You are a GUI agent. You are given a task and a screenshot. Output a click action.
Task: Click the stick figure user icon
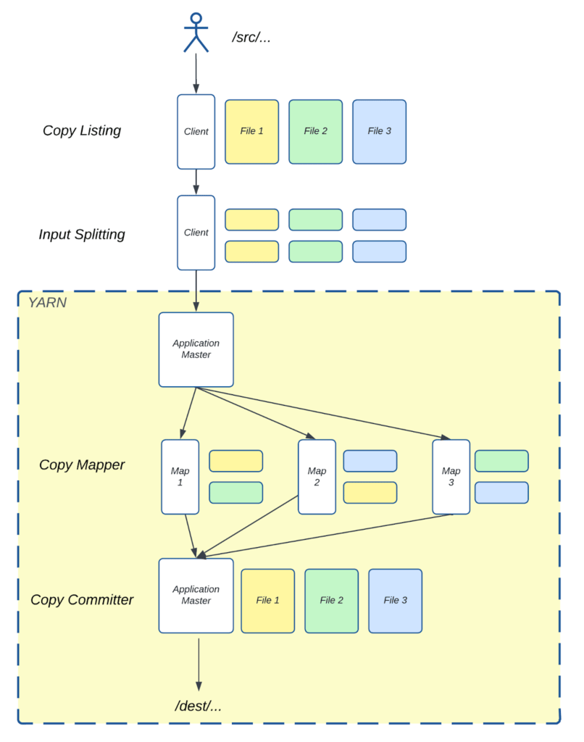click(196, 33)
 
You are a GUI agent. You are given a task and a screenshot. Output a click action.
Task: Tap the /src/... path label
click(251, 37)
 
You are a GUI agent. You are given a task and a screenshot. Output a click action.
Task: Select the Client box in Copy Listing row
click(196, 131)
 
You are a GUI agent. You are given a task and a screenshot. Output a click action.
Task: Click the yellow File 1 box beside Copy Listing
click(251, 131)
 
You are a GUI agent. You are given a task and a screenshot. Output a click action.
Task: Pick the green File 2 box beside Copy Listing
click(315, 131)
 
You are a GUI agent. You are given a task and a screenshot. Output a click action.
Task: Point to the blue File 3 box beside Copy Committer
click(395, 600)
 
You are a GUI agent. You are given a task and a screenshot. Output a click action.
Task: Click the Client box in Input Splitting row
click(196, 233)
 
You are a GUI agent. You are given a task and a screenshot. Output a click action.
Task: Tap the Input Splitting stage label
click(82, 234)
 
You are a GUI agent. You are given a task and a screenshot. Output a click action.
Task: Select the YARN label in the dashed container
click(47, 303)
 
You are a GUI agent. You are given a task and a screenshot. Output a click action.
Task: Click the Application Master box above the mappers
click(196, 349)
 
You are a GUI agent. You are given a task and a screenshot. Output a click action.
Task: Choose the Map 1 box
click(180, 476)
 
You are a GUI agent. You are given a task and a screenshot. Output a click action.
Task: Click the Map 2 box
click(317, 476)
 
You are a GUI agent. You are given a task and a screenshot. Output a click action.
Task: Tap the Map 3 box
click(451, 476)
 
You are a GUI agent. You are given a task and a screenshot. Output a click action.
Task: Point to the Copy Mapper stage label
click(82, 464)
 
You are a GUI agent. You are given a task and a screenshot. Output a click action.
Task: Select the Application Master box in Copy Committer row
click(196, 595)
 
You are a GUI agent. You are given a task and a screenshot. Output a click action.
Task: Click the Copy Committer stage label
click(82, 599)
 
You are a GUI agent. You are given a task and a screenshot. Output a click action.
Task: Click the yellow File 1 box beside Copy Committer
click(267, 600)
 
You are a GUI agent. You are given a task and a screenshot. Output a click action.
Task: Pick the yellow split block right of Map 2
click(370, 492)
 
